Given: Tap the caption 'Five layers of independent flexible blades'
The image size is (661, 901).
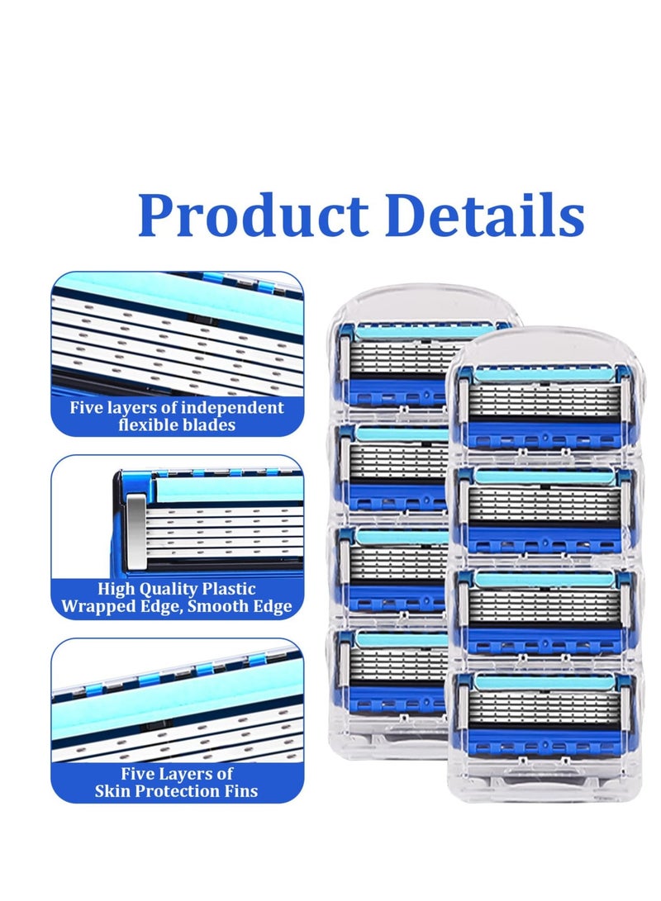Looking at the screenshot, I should [x=177, y=416].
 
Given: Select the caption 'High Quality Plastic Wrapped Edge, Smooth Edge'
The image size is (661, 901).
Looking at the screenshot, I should [x=177, y=598].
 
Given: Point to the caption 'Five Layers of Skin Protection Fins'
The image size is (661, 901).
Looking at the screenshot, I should [x=177, y=782].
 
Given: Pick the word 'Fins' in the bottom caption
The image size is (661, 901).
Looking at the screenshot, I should [x=240, y=791].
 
